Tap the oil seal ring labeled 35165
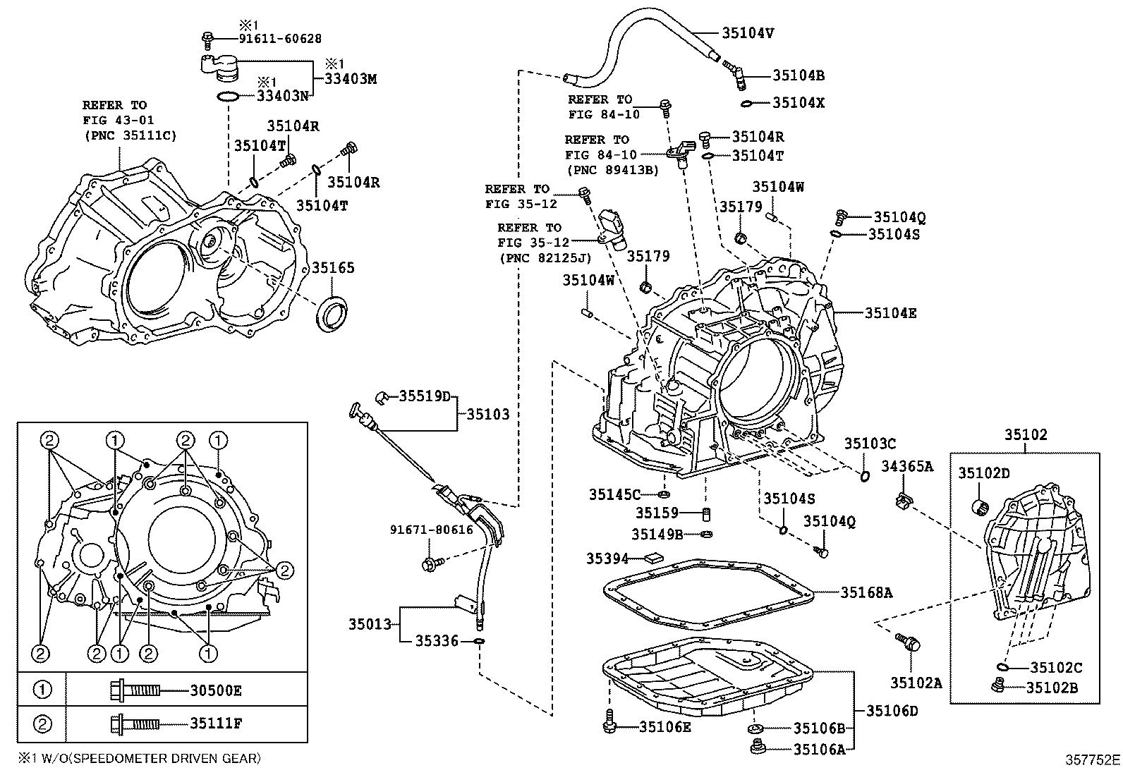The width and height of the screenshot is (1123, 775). [334, 315]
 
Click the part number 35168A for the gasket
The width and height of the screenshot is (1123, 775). [866, 593]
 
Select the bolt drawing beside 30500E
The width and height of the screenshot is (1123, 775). [135, 690]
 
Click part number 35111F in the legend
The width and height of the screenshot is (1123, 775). [215, 723]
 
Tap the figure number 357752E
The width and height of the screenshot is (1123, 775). [1092, 759]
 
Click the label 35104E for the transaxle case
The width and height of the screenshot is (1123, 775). [890, 313]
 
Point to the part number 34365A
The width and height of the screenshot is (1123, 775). [907, 466]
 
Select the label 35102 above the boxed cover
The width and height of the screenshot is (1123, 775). [1026, 435]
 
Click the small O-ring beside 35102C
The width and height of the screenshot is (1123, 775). [1003, 666]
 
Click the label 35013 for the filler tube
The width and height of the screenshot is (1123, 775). [369, 624]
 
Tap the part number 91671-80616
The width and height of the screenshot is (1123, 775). [432, 530]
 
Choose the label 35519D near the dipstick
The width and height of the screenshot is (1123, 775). [424, 396]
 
